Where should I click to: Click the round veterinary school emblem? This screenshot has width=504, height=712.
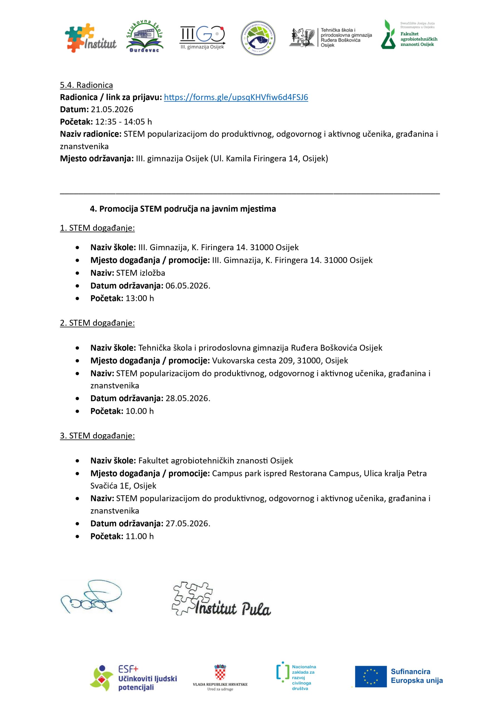coord(258,38)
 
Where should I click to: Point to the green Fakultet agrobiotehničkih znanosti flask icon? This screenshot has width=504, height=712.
coord(388,35)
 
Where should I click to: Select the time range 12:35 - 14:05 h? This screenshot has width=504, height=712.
coord(123,122)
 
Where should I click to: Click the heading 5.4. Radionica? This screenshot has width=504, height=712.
coord(86,85)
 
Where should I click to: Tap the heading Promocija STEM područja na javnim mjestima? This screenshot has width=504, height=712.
coord(183,209)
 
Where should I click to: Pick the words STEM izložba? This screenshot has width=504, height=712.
coord(140,273)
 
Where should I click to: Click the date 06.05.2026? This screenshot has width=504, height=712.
coord(188,286)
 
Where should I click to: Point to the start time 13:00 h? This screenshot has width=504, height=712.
coord(140,298)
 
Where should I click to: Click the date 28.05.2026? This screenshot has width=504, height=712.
coord(188,398)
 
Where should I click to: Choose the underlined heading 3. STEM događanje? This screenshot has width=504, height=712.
coord(97,436)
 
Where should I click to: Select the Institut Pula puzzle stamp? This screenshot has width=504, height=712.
coord(221,599)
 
